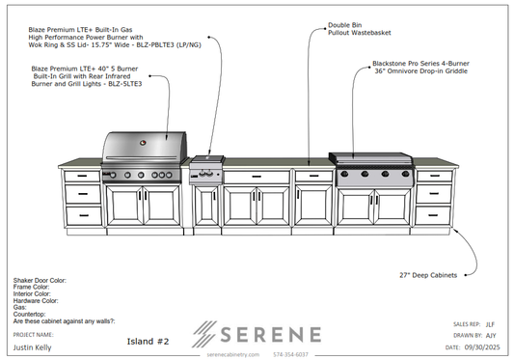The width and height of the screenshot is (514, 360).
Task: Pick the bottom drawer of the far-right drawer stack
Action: pyautogui.click(x=435, y=213)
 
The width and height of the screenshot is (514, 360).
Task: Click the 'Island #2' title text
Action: pyautogui.click(x=149, y=341)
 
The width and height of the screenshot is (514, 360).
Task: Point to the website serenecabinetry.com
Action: pyautogui.click(x=234, y=354)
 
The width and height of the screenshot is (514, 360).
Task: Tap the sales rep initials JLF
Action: pyautogui.click(x=490, y=324)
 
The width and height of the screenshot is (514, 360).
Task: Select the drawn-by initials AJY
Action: pyautogui.click(x=490, y=335)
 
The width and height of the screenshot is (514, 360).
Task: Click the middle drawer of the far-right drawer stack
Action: pyautogui.click(x=435, y=194)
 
